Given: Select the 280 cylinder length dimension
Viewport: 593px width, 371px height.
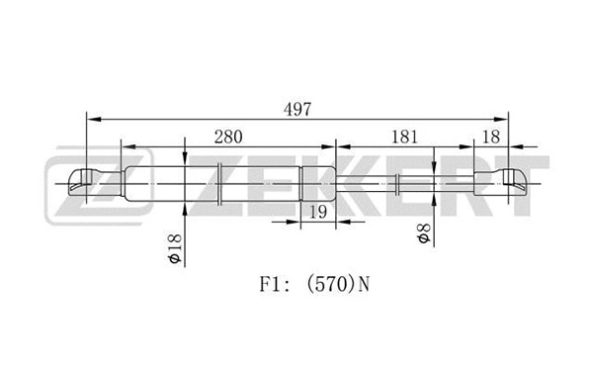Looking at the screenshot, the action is point(227,137).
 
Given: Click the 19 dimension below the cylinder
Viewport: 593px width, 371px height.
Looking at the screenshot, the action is point(316,211).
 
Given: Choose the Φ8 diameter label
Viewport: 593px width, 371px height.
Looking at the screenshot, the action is point(422,235).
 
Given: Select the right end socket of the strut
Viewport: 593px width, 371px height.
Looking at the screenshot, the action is point(513,181).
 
